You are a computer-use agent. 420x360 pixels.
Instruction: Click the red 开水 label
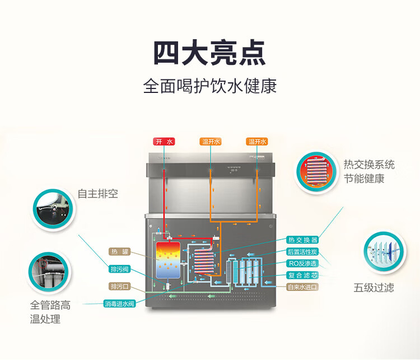(x=164, y=142)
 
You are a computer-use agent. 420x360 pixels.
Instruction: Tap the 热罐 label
(x=119, y=251)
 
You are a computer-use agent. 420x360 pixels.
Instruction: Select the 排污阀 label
(x=119, y=269)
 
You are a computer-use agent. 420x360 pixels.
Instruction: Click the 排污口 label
(x=119, y=286)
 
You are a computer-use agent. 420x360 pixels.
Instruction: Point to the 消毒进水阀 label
(x=119, y=303)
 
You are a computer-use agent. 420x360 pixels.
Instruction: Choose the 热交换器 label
(x=302, y=240)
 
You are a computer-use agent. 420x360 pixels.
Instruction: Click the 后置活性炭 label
(x=302, y=251)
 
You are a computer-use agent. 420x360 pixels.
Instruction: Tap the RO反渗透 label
(x=302, y=263)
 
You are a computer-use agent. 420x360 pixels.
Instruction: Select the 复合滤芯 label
(x=302, y=275)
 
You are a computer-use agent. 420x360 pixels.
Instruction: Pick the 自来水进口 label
(x=302, y=287)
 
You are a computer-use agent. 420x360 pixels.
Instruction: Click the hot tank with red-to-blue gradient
(x=168, y=260)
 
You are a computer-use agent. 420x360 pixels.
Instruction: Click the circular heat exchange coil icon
(x=316, y=171)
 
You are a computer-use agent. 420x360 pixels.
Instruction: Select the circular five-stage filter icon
(x=385, y=251)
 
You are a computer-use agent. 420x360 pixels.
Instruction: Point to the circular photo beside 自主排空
(x=53, y=209)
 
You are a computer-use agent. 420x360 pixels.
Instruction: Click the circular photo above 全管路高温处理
(x=49, y=273)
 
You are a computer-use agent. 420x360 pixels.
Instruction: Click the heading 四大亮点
(x=210, y=53)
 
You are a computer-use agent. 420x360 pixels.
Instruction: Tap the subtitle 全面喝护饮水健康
(x=210, y=86)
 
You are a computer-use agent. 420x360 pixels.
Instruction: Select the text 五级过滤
(x=374, y=288)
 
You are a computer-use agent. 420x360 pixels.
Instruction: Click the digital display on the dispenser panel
(x=234, y=170)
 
